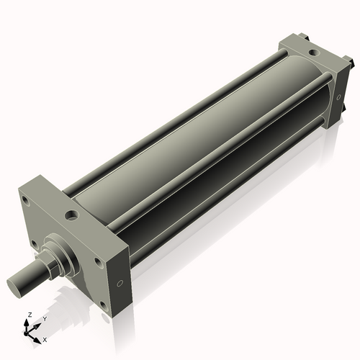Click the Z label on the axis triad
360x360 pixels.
tap(29, 315)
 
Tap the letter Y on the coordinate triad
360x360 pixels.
tap(44, 318)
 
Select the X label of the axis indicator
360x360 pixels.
tap(45, 338)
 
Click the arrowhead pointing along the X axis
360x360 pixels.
tap(37, 336)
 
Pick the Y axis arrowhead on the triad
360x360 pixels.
tap(38, 323)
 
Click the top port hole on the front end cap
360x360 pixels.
tap(71, 215)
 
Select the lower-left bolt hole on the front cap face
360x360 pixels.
tap(32, 243)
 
